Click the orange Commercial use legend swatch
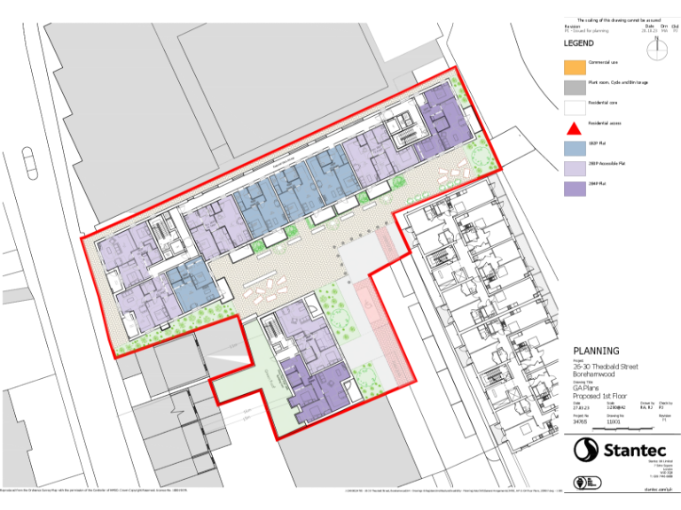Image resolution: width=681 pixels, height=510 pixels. click(575, 66)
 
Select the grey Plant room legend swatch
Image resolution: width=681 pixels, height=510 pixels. click(575, 86)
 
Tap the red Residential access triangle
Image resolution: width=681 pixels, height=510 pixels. click(575, 126)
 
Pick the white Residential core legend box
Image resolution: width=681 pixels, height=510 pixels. click(575, 106)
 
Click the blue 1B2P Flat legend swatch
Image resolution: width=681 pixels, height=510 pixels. click(575, 146)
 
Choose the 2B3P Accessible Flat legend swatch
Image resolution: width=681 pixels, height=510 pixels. click(575, 166)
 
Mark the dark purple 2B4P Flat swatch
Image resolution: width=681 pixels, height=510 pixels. click(575, 187)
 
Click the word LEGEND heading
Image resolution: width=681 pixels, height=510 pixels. click(579, 42)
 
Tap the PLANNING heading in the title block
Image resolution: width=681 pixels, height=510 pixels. click(596, 351)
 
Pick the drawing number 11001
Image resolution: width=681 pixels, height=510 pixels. click(613, 422)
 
